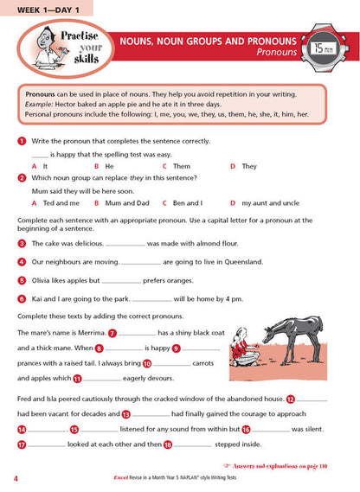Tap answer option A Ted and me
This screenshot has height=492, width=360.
click(56, 202)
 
